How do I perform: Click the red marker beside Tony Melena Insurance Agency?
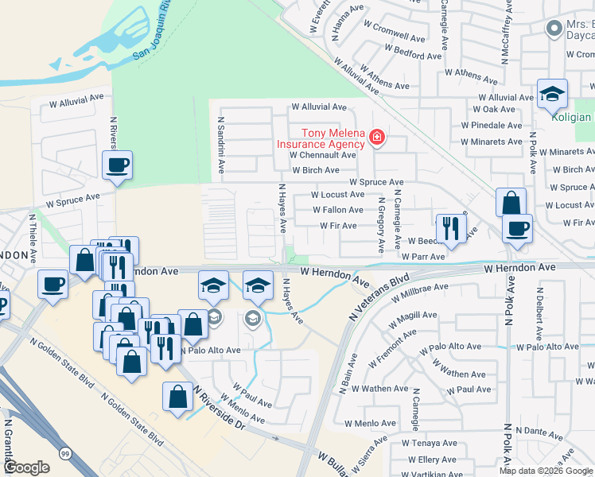377,140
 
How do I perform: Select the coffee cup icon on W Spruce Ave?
117,166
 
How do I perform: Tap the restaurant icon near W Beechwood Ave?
451,228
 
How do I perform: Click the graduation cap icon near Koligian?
552,95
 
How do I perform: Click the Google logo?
25,467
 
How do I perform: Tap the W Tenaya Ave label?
430,443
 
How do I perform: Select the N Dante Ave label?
544,430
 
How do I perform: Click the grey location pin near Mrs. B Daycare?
554,29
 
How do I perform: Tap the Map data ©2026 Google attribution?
545,471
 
